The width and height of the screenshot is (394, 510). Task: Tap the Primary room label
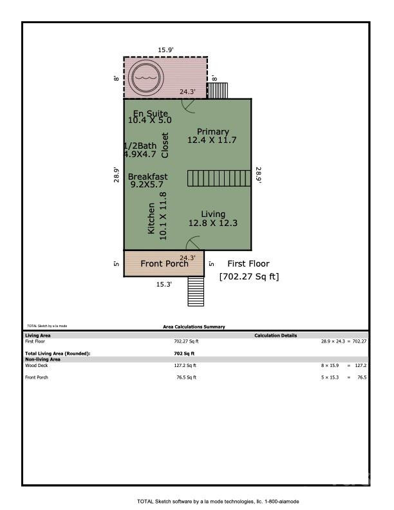pyautogui.click(x=212, y=131)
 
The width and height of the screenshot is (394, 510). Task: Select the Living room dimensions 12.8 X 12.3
pyautogui.click(x=212, y=223)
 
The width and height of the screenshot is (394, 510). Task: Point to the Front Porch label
pyautogui.click(x=164, y=263)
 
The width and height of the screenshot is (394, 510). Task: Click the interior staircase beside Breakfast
pyautogui.click(x=218, y=178)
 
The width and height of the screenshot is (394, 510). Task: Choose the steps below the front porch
pyautogui.click(x=196, y=292)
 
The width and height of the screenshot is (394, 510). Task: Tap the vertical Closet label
pyautogui.click(x=165, y=146)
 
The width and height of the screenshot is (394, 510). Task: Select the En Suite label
pyautogui.click(x=150, y=113)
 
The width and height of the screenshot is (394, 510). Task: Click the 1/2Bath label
pyautogui.click(x=140, y=146)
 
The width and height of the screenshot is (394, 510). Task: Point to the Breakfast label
pyautogui.click(x=147, y=176)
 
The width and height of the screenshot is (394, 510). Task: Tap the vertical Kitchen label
pyautogui.click(x=151, y=218)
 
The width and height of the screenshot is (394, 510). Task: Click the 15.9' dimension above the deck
pyautogui.click(x=166, y=49)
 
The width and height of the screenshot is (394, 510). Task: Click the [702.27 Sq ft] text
pyautogui.click(x=249, y=277)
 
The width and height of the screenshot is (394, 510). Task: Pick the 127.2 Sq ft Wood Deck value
pyautogui.click(x=186, y=365)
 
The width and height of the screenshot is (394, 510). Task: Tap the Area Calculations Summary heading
pyautogui.click(x=194, y=327)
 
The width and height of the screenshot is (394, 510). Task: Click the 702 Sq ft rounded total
pyautogui.click(x=184, y=354)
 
